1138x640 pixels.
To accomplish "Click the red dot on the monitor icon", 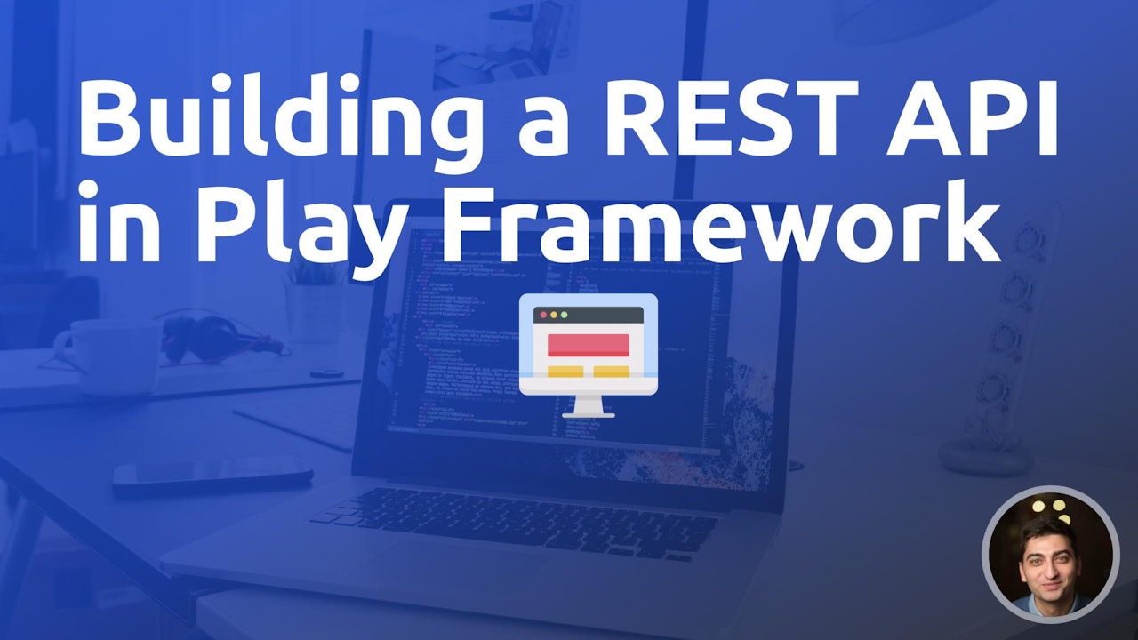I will point(540,315).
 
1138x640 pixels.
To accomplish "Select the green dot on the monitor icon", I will point(563,315).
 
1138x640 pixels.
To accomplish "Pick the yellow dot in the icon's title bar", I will point(551,315).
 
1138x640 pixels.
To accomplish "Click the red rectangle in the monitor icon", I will point(588,345).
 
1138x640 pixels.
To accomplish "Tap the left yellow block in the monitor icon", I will point(565,372).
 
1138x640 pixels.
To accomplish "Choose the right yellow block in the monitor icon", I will point(611,372).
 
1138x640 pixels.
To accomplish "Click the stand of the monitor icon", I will point(588,407).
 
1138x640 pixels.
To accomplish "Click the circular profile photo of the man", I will point(1050,553).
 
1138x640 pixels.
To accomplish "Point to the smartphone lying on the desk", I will point(212,476).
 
